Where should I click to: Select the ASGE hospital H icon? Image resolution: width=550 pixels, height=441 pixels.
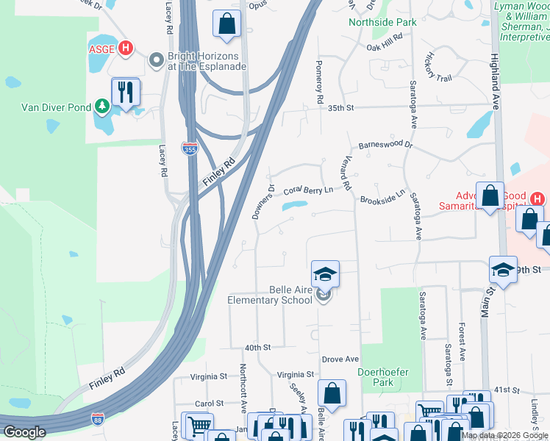click(x=126, y=49)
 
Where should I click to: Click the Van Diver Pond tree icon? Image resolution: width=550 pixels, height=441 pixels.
click(x=102, y=107)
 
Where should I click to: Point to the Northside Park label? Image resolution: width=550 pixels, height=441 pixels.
click(x=382, y=22)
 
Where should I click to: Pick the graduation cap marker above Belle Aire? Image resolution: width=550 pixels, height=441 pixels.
click(x=325, y=275)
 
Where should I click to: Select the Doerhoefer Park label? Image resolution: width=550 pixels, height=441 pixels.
click(x=382, y=377)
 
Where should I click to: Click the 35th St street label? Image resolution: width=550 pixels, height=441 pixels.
click(x=341, y=108)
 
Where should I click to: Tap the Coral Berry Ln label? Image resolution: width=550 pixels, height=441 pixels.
click(x=308, y=189)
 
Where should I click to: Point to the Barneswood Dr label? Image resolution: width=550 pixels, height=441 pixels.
click(x=386, y=146)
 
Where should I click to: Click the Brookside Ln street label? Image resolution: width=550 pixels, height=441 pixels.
click(x=382, y=196)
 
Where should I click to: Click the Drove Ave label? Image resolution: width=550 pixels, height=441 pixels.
click(x=340, y=359)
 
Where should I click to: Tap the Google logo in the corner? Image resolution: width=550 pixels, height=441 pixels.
click(x=24, y=432)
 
